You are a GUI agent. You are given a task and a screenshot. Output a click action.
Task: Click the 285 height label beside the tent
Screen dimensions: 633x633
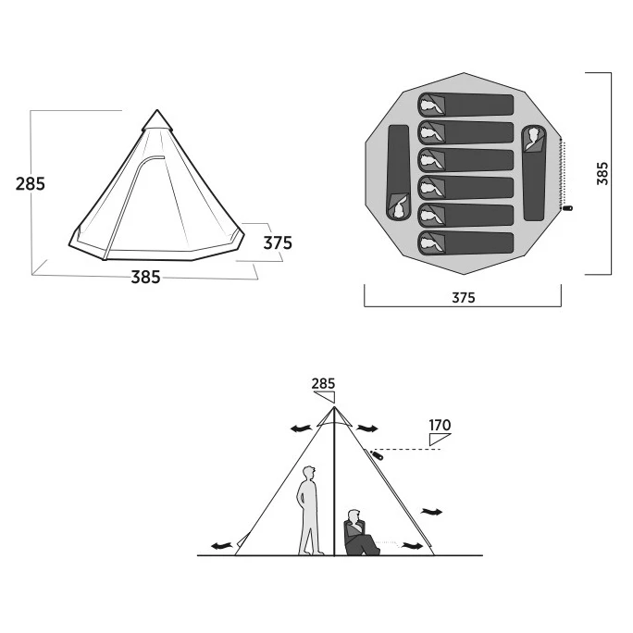[31, 183]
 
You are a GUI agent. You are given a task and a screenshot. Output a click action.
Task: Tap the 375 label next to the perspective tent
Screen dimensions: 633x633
[278, 242]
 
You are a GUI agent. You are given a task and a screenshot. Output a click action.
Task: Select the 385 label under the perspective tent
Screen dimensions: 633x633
[145, 277]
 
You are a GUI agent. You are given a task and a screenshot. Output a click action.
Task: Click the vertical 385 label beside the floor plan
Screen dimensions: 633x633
[602, 173]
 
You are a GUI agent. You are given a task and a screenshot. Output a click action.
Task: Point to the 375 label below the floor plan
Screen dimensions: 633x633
[464, 297]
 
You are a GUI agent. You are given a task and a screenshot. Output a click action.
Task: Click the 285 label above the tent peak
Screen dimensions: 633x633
[323, 383]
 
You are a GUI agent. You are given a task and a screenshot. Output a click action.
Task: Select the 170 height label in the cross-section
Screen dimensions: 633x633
[440, 425]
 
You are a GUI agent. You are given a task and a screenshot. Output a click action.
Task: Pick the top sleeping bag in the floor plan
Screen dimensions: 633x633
[465, 105]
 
